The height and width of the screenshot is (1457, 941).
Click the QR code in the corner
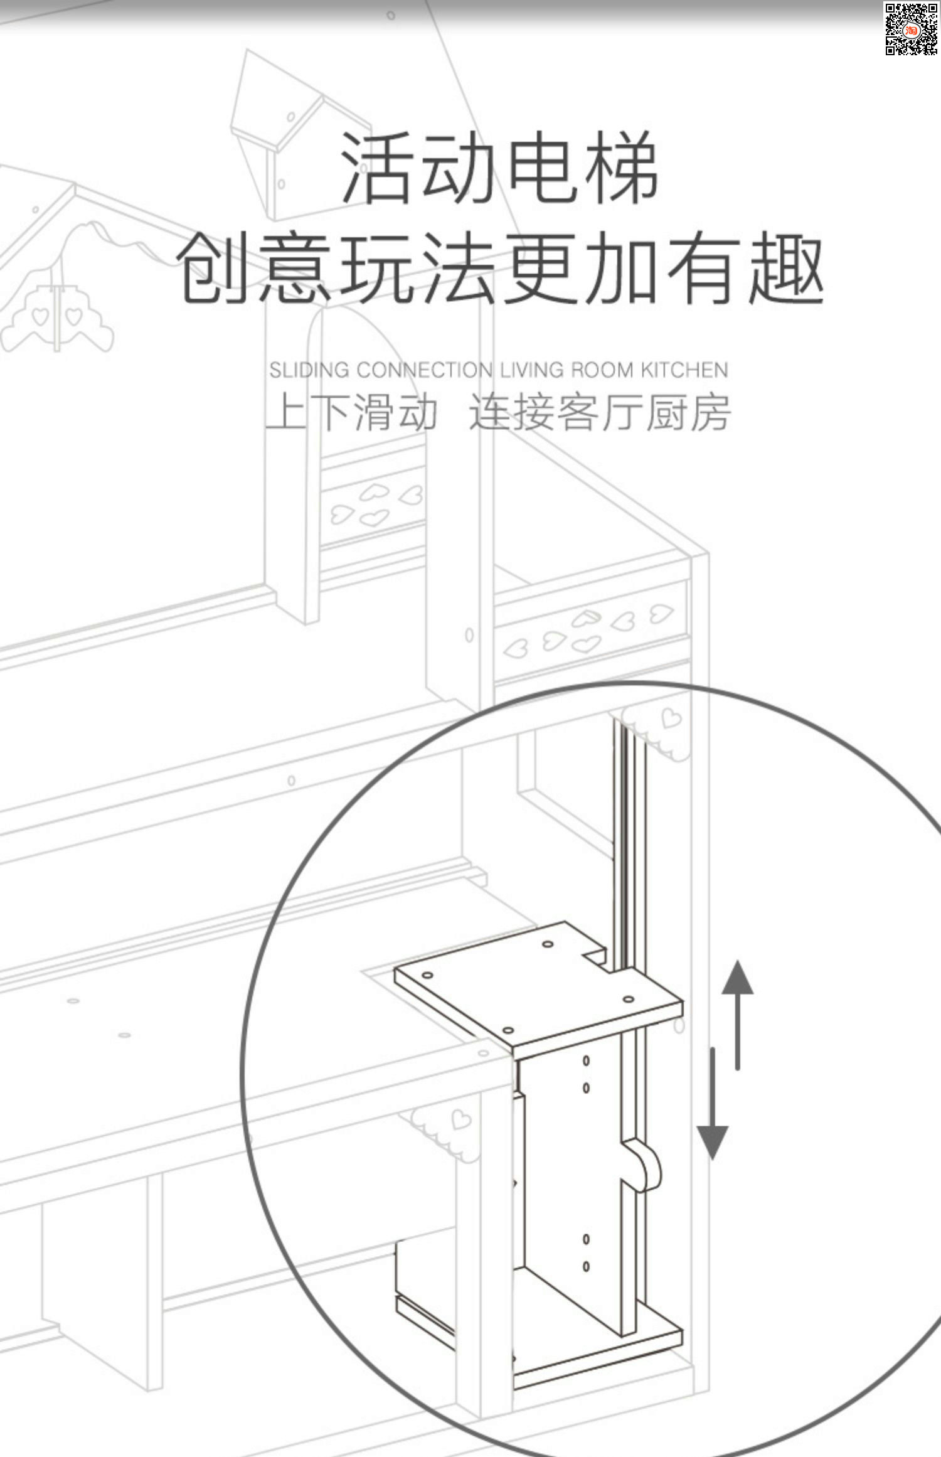point(911,29)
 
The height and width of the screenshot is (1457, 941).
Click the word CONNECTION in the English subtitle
point(425,370)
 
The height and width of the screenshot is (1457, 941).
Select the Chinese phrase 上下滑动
point(351,413)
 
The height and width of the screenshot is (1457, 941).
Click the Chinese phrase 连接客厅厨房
point(600,413)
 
